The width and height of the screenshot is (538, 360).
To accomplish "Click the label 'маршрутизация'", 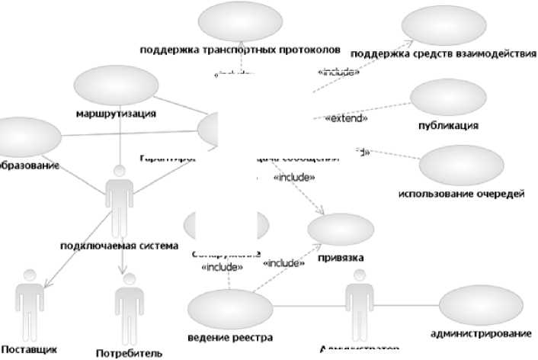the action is coord(117,114).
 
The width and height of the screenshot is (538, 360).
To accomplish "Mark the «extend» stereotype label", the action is coord(346,119).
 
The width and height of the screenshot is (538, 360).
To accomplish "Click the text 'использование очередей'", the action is coord(462,194).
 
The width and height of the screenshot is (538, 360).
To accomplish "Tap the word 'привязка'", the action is coord(341,257).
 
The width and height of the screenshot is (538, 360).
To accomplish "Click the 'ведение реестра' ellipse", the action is coord(229,310).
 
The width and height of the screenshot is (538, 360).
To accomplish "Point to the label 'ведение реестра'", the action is coord(229,336).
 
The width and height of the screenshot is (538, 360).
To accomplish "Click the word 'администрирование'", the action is coord(480,334).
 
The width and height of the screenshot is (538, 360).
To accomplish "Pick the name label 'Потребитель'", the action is coord(129,352).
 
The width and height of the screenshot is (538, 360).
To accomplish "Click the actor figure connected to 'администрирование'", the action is coord(359,309).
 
